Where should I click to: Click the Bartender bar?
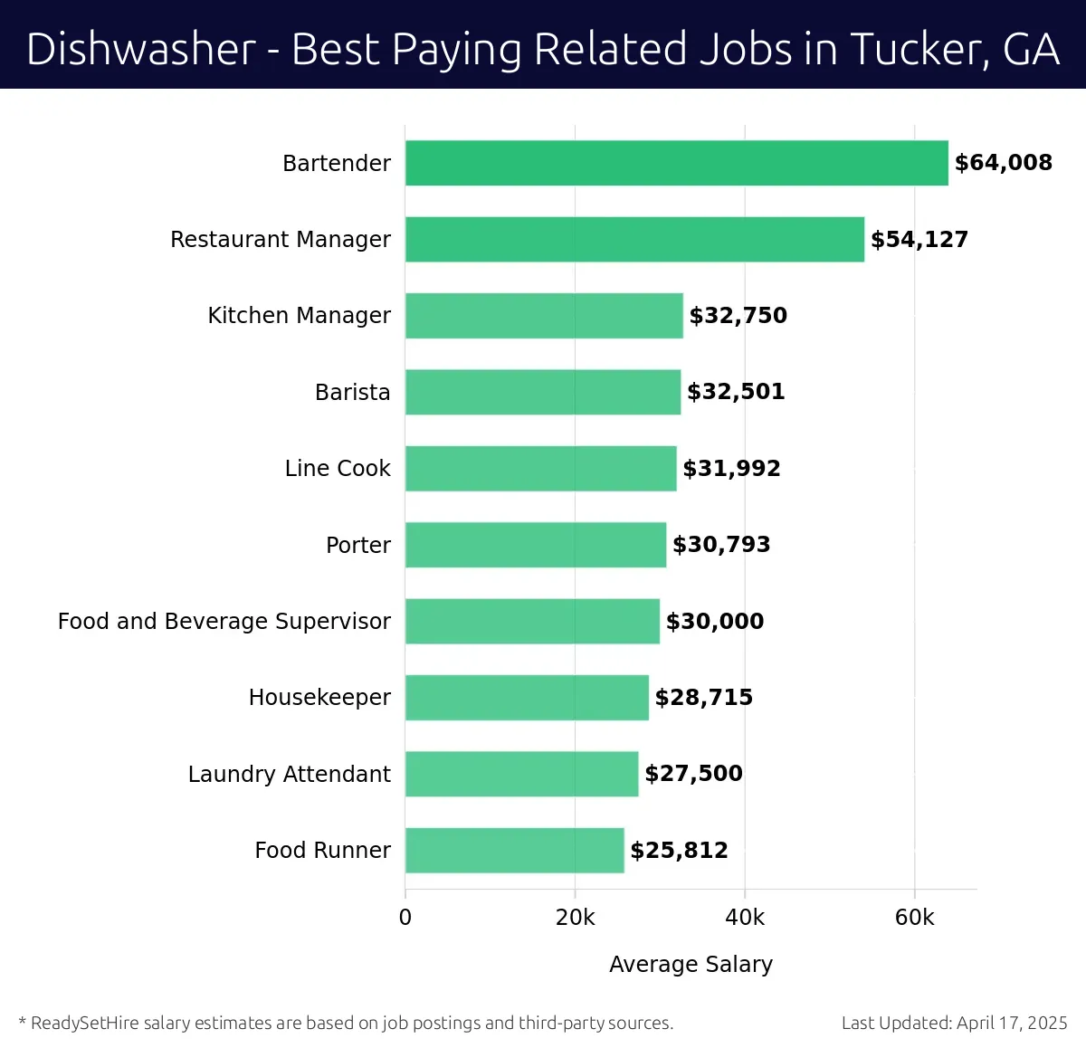[676, 163]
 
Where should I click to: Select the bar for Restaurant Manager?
[634, 239]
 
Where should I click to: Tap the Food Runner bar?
[514, 850]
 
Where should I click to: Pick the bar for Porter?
[535, 545]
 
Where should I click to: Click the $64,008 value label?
[1003, 163]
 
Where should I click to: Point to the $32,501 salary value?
[736, 392]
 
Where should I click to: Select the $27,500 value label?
[693, 774]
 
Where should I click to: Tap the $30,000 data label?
[714, 621]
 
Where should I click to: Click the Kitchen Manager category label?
[299, 315]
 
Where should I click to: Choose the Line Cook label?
[338, 468]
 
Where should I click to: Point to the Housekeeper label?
[319, 697]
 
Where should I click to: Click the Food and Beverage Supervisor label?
[224, 621]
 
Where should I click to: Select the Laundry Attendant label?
[289, 774]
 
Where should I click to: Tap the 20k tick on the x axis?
[575, 917]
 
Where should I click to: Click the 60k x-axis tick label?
[914, 917]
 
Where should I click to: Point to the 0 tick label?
[405, 917]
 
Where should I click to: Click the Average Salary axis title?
[691, 964]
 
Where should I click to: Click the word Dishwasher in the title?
[141, 49]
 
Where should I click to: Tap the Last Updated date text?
[954, 1023]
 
